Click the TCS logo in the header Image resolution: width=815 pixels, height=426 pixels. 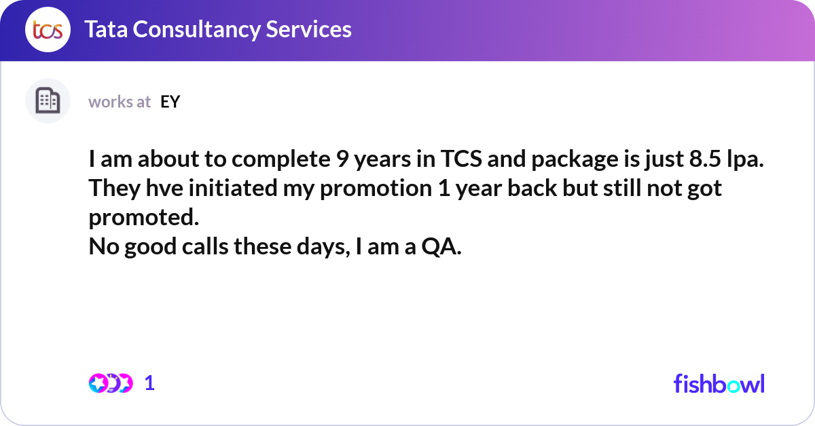(48, 30)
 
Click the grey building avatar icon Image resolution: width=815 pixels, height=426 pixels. (48, 101)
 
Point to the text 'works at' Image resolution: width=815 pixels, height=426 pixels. (120, 102)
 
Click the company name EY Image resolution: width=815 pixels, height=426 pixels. (170, 102)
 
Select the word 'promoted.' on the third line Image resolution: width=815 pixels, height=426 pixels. (144, 218)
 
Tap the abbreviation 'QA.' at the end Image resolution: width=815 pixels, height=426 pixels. (441, 248)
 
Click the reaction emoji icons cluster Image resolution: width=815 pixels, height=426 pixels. (110, 383)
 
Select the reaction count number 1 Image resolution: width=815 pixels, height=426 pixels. (150, 383)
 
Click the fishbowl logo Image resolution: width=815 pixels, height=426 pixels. (719, 383)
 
